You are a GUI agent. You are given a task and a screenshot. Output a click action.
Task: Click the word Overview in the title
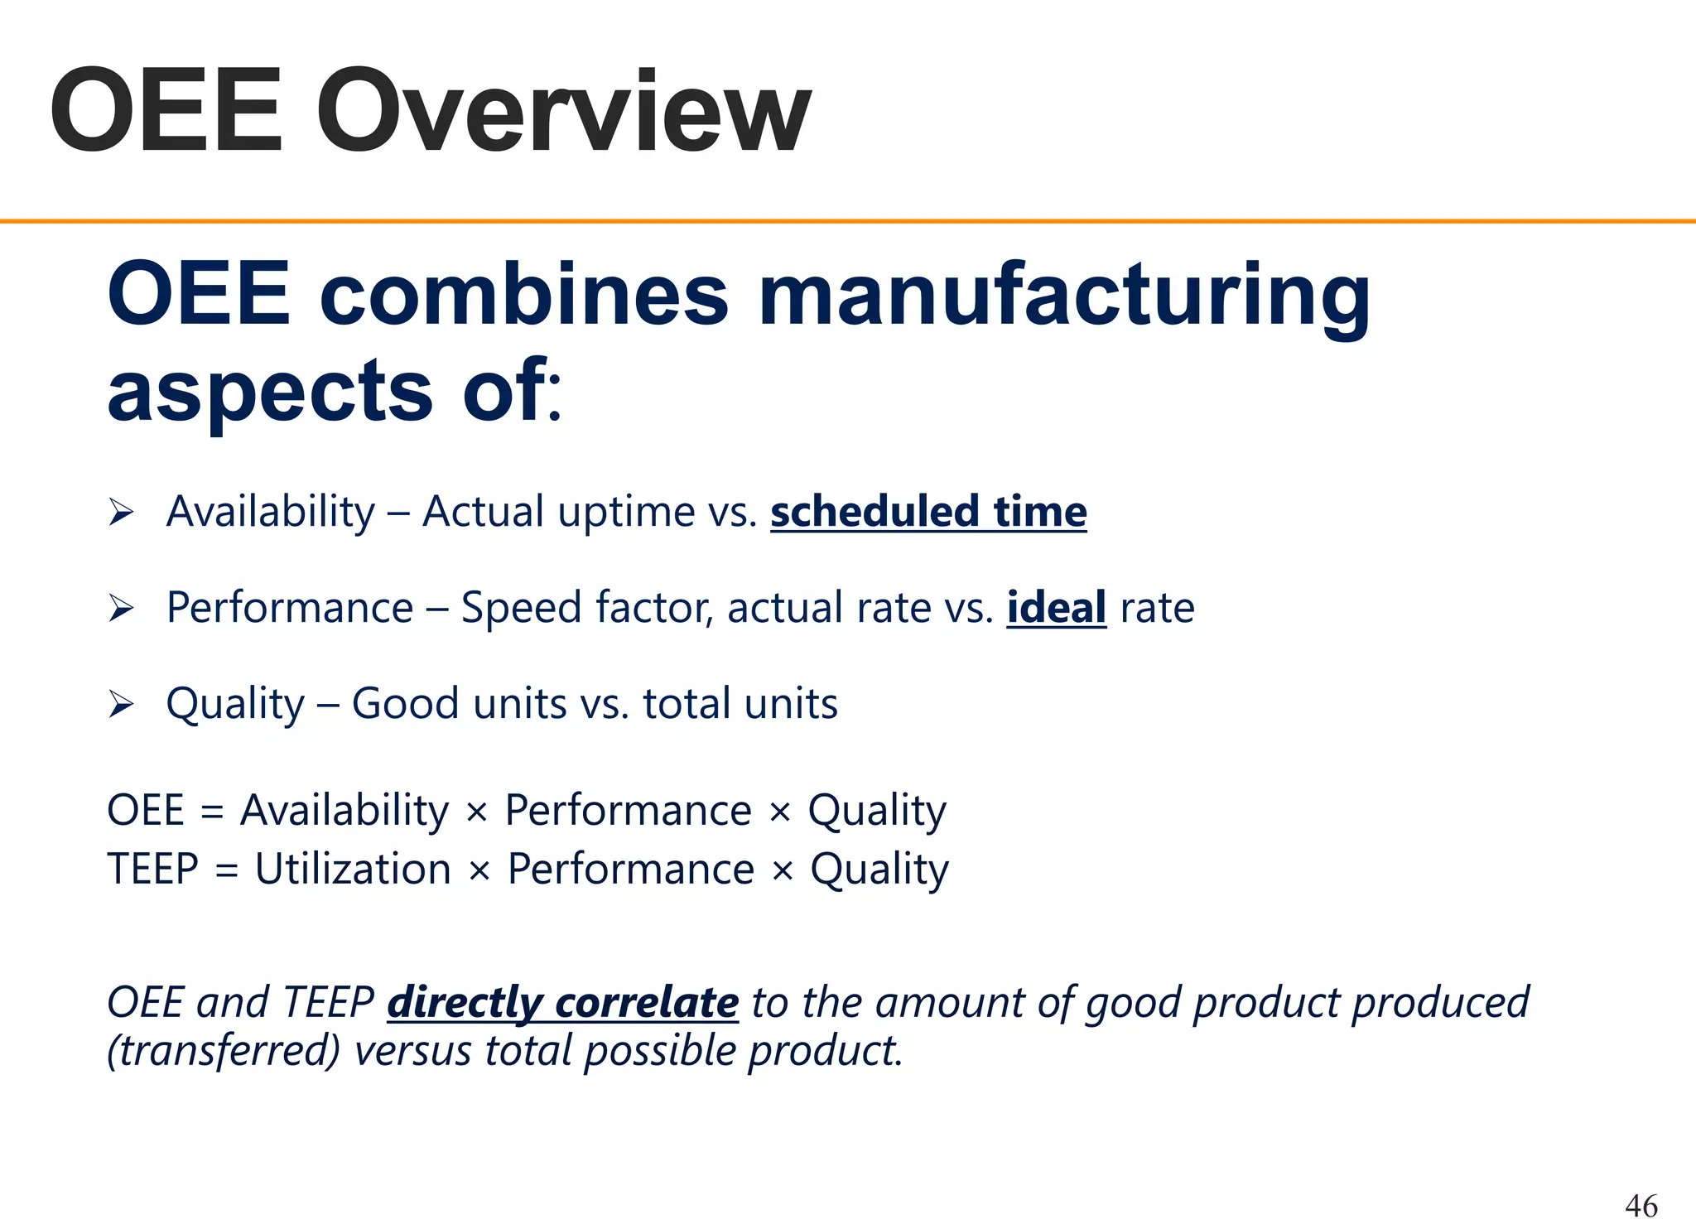[x=563, y=112]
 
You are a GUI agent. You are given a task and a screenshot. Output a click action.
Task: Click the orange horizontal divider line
[x=848, y=221]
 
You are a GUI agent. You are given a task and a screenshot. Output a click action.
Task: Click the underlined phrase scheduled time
[x=928, y=511]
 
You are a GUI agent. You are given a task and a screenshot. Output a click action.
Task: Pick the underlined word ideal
[x=1056, y=607]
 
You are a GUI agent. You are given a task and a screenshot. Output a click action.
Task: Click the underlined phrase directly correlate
[x=563, y=1002]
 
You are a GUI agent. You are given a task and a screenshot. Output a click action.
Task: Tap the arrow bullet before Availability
[x=121, y=513]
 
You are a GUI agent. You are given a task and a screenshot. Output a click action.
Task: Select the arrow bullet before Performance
[x=121, y=609]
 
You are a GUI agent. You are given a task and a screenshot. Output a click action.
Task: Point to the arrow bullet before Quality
[x=121, y=705]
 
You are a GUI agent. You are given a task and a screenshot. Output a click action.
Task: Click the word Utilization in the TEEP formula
[x=353, y=869]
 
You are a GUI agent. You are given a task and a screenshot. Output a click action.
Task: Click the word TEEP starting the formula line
[x=153, y=869]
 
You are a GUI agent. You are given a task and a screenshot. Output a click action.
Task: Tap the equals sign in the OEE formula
[x=212, y=811]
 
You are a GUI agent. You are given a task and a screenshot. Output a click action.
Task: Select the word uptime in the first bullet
[x=626, y=511]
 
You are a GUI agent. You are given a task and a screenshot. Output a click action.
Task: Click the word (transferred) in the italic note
[x=224, y=1051]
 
